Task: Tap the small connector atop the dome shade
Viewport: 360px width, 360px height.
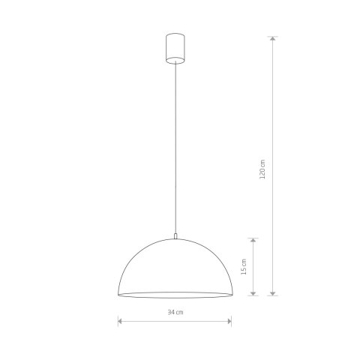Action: tap(174, 235)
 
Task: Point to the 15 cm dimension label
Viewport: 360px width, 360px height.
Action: tap(244, 267)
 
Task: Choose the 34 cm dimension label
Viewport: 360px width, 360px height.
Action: tap(175, 312)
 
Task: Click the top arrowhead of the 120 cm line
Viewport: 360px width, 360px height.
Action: tap(273, 38)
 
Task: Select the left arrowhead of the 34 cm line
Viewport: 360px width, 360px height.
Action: tap(120, 322)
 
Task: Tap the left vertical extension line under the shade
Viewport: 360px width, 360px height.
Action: tap(118, 311)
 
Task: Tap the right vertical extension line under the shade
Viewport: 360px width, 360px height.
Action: tap(231, 311)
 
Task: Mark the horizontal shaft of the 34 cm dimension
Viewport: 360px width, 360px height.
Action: tap(150, 322)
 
